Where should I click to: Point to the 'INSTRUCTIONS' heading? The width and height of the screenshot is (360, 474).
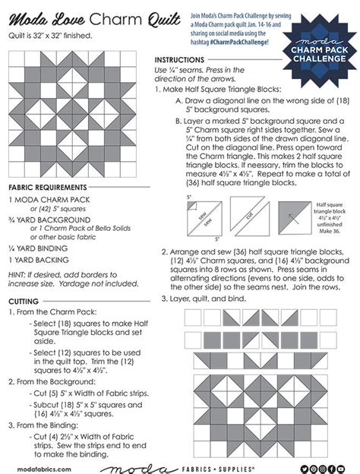click(x=182, y=59)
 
